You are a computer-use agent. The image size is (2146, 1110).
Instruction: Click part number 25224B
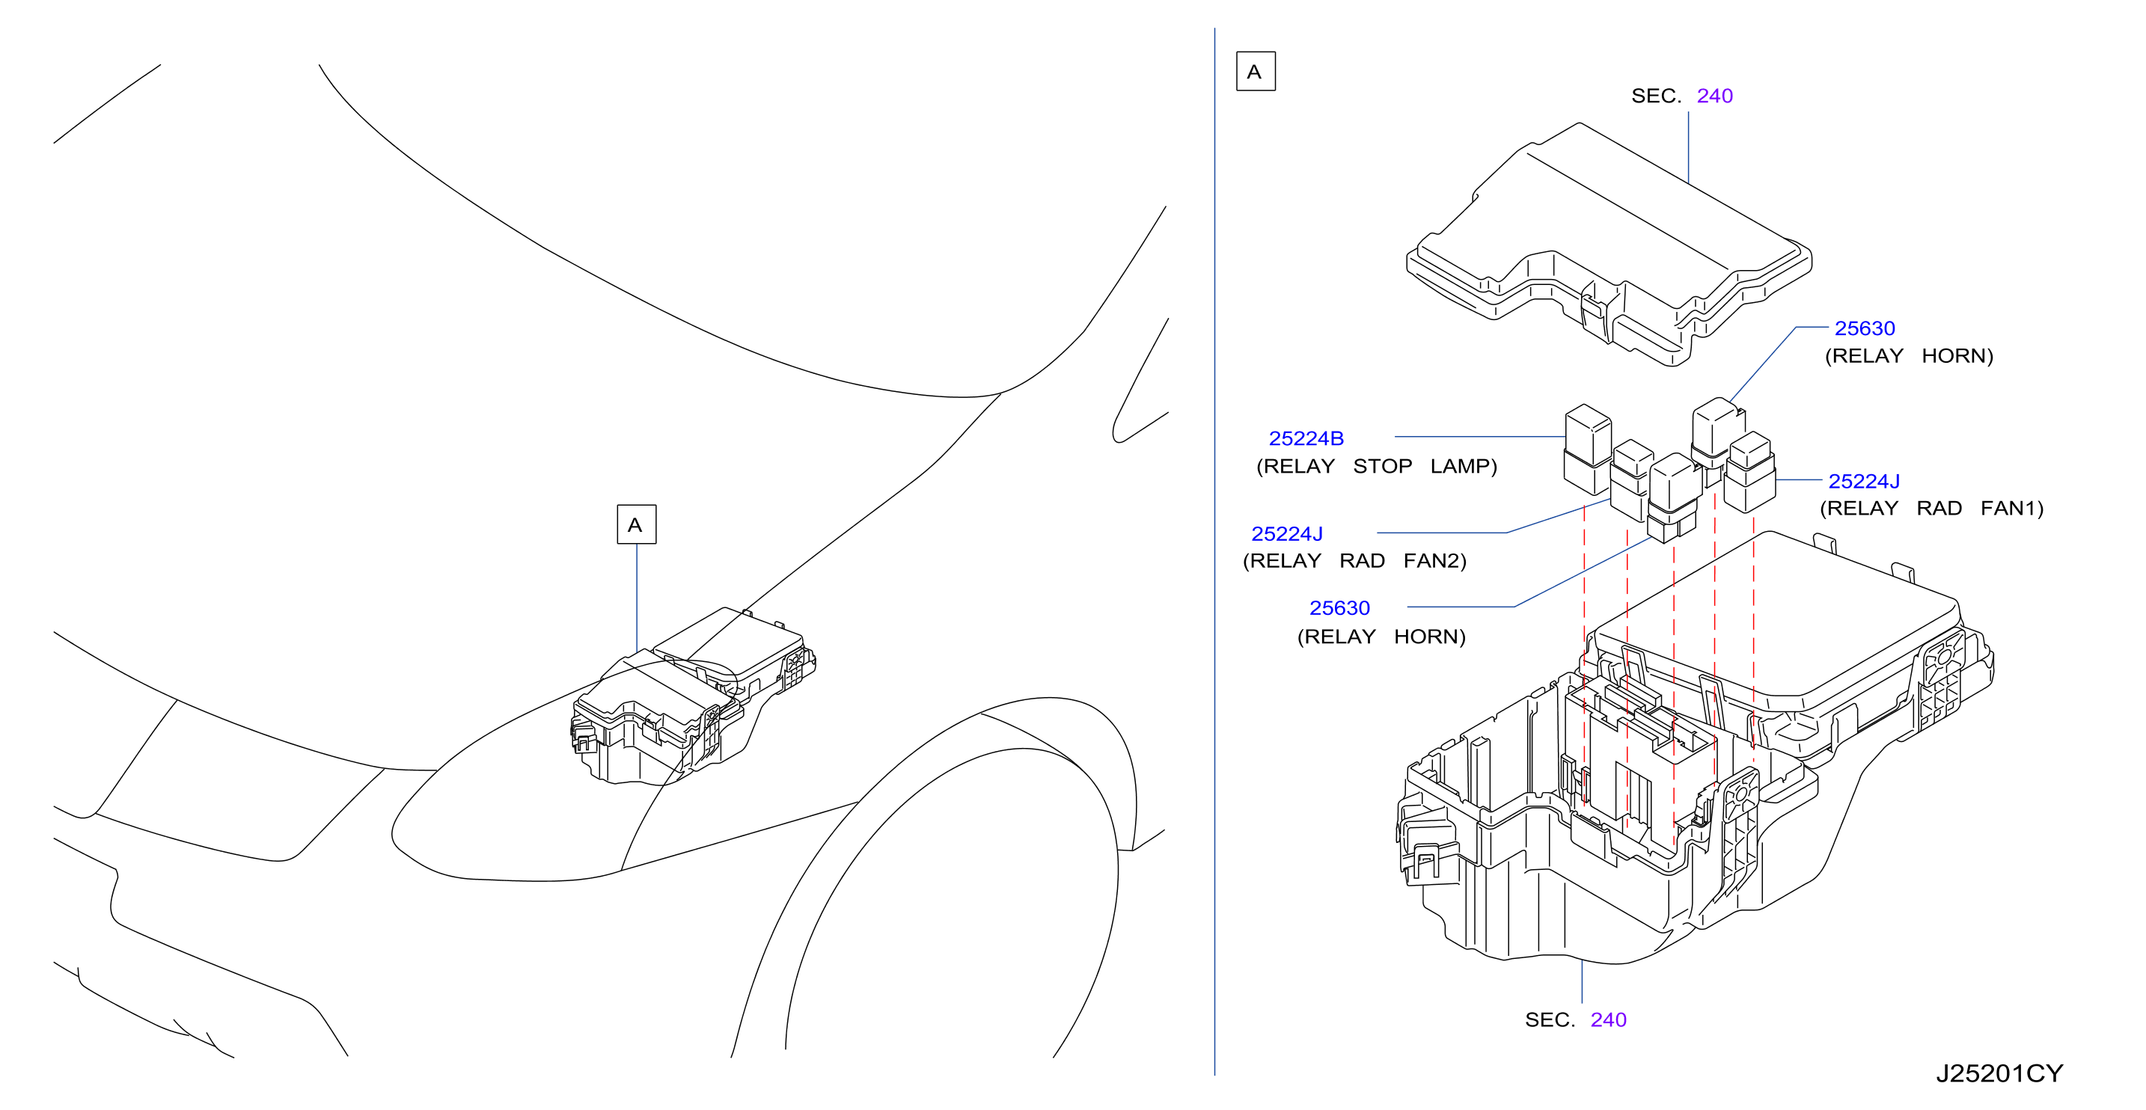[1306, 438]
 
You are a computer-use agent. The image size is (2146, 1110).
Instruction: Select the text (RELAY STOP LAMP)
[1376, 466]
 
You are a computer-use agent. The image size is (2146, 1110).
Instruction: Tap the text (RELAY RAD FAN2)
[1354, 561]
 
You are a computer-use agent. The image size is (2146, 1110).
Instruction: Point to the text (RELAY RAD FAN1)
[1931, 509]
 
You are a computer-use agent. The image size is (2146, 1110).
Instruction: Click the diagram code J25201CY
[1999, 1073]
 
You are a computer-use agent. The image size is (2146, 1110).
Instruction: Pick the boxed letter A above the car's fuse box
[635, 524]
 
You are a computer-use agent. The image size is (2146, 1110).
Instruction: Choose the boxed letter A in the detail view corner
[1255, 72]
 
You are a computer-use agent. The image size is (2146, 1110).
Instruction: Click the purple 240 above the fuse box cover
[1714, 96]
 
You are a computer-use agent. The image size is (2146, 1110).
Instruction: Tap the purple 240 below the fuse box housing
[1608, 1020]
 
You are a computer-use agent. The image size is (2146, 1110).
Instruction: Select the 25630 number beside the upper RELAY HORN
[1865, 328]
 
